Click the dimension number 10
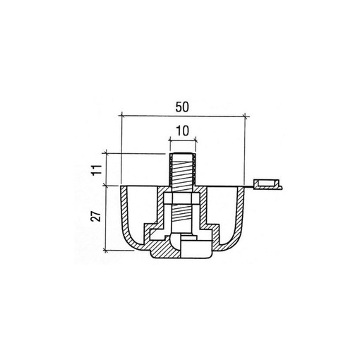181,130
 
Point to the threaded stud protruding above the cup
182,174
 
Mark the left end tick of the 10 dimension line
169,139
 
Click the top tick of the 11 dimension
106,152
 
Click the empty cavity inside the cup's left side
145,208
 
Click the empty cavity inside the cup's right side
220,208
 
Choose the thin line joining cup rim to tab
248,187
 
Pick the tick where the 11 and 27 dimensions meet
106,186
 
